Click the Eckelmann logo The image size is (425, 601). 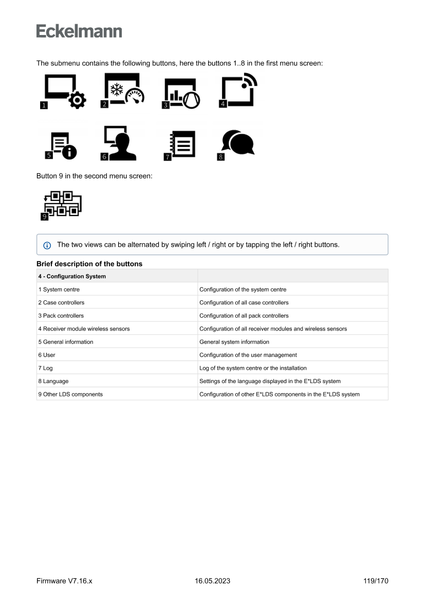click(79, 31)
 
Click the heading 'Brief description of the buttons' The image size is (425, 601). click(89, 264)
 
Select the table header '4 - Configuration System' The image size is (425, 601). click(72, 277)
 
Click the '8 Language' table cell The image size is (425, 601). click(53, 381)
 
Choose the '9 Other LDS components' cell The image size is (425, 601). click(70, 394)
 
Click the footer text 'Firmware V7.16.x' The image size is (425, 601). click(64, 581)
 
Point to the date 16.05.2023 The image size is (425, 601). click(212, 581)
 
